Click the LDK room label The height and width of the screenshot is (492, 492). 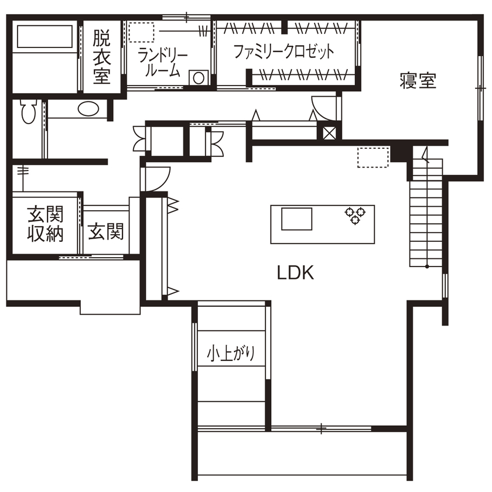tap(296, 273)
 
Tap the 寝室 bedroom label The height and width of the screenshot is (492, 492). tap(418, 80)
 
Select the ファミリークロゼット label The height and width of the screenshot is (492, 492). tap(283, 52)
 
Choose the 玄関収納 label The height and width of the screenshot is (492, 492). tap(46, 224)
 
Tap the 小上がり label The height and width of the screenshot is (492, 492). tap(231, 354)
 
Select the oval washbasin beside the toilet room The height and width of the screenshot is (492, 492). tap(88, 109)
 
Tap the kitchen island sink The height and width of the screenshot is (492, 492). tap(298, 220)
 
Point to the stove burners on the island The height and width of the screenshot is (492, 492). tap(355, 215)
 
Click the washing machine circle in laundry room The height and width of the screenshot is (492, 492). tap(199, 77)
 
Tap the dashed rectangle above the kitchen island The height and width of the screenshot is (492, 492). tap(373, 157)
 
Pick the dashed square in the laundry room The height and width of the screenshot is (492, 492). tap(141, 32)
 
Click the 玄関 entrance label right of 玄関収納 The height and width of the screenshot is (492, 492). tap(106, 232)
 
